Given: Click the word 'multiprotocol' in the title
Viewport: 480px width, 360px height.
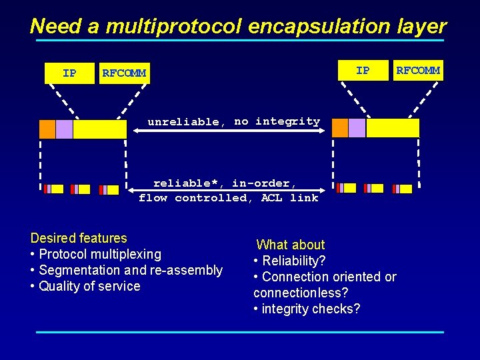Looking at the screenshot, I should (174, 26).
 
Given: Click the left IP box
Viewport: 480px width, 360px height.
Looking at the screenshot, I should (69, 73).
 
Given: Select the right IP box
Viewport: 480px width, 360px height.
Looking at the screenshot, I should (363, 70).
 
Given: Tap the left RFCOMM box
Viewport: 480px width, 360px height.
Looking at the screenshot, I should (124, 73).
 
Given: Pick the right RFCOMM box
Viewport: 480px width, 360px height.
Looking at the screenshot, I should (418, 70).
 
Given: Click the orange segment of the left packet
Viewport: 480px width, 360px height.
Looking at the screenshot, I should (47, 129).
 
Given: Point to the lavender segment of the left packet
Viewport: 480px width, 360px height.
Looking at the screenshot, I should (65, 129).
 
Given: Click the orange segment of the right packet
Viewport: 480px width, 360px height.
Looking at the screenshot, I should (340, 128).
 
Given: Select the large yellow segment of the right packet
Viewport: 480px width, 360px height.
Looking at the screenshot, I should (393, 128).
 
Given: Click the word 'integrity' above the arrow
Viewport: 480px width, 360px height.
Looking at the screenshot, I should (287, 121).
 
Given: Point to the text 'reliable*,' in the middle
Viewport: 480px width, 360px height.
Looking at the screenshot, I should (189, 183).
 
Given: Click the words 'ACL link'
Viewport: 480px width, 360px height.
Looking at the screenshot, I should (290, 198).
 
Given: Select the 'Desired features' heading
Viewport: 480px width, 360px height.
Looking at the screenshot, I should (79, 238).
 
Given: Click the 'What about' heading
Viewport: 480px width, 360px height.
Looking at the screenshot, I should (290, 245).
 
